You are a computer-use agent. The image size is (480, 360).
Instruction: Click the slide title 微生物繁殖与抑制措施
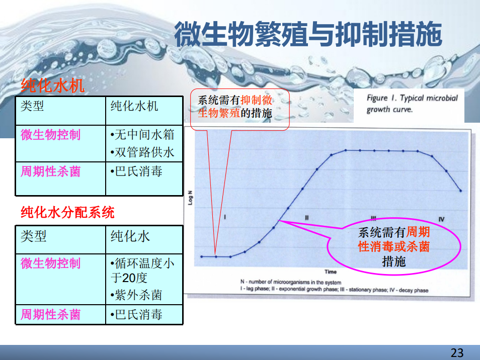(308, 34)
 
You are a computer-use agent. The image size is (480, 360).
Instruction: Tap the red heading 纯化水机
(52, 85)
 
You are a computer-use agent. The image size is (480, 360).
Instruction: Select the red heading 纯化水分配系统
(67, 212)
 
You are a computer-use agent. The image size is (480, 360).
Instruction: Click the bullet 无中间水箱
(142, 135)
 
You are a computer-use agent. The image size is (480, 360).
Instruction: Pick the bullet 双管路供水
(142, 152)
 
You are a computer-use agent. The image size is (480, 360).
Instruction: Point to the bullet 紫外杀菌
(136, 295)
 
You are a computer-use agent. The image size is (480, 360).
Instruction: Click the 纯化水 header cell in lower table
(130, 236)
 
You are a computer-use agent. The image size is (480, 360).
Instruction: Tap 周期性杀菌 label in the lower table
(50, 314)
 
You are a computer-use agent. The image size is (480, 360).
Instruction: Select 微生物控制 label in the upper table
(50, 135)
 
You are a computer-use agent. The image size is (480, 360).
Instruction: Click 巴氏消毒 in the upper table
(136, 171)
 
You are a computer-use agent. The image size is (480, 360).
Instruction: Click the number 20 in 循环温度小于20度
(129, 278)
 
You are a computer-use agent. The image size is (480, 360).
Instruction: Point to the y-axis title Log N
(190, 198)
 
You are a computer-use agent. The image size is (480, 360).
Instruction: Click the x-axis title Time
(331, 272)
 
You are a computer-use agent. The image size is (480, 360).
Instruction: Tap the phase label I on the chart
(225, 217)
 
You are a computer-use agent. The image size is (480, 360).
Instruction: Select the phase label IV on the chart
(441, 219)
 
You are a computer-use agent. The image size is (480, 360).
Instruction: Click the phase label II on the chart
(307, 218)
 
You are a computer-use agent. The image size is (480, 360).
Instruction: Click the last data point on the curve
(461, 191)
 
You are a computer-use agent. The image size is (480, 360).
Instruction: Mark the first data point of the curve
(201, 256)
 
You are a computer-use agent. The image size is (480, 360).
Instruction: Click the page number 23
(457, 352)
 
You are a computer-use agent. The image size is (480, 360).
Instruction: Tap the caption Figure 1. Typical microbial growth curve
(412, 104)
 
